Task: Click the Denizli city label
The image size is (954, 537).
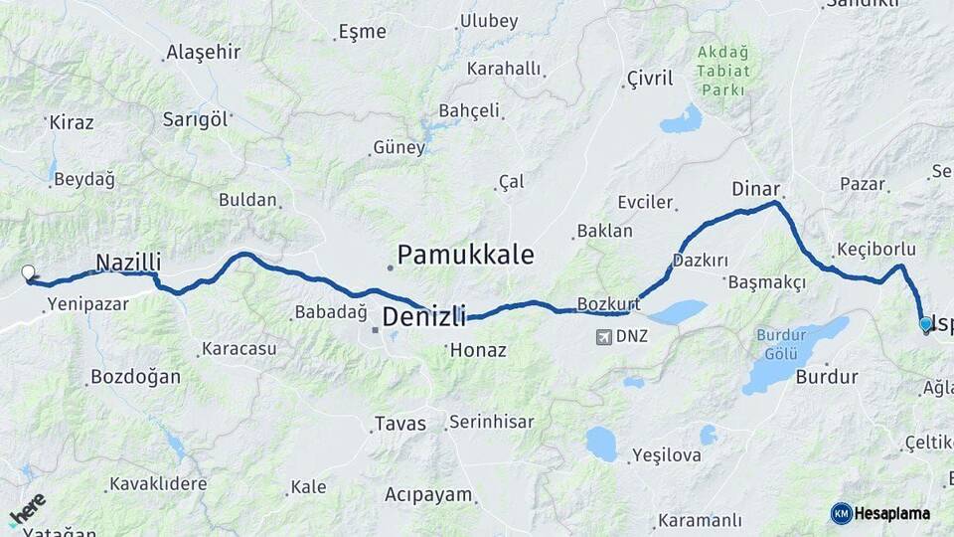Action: coord(424,317)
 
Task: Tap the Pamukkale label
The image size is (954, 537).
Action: coord(466,255)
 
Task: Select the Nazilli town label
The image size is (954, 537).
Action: coord(128,263)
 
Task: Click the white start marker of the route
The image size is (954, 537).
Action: coord(29,271)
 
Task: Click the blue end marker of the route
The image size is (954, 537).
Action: coord(926,324)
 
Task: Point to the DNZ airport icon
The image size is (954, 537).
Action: coord(602,336)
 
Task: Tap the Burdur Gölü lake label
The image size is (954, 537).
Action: coord(781,343)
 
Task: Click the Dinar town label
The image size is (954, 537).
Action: coord(755,188)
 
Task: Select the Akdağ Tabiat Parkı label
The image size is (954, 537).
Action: coord(721,71)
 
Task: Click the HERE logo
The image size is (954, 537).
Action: coord(27,509)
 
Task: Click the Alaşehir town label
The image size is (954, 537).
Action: coord(204,53)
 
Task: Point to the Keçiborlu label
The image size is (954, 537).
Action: coord(875,249)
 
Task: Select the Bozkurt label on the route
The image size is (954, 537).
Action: coord(606,303)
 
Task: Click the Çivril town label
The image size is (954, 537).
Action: coord(650,79)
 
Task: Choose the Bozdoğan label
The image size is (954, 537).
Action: coord(135,377)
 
